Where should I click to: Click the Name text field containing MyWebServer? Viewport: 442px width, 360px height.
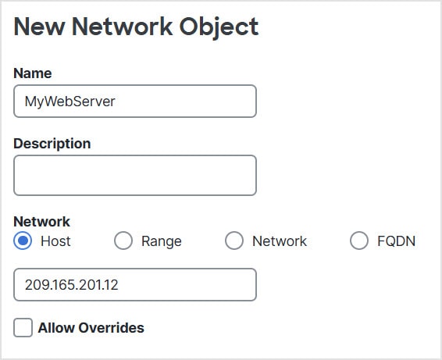tap(135, 102)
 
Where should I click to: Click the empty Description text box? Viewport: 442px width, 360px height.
tap(135, 176)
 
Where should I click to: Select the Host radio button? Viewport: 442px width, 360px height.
tap(23, 241)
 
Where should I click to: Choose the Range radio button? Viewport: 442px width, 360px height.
tap(123, 241)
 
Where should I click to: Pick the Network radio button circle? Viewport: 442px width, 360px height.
tap(234, 241)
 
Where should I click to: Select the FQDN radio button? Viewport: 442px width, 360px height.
tap(359, 241)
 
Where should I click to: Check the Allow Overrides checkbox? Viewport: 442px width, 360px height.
tap(23, 327)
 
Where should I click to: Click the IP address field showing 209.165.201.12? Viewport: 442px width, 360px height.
tap(135, 285)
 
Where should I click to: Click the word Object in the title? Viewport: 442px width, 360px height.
tap(219, 27)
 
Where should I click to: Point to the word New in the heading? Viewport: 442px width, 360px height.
tap(39, 27)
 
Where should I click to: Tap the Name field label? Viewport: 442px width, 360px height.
tap(33, 73)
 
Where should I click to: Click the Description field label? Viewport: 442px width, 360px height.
tap(52, 144)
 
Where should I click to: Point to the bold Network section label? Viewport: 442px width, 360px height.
tap(41, 222)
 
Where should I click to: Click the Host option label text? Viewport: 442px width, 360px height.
tap(55, 241)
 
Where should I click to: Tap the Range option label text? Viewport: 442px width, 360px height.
tap(162, 241)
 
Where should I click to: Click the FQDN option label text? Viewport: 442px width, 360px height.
tap(397, 241)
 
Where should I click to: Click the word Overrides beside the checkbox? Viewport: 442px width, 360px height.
tap(111, 328)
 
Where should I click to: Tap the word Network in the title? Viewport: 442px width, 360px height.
tap(122, 27)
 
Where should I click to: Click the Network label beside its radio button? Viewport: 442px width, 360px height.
tap(280, 241)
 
